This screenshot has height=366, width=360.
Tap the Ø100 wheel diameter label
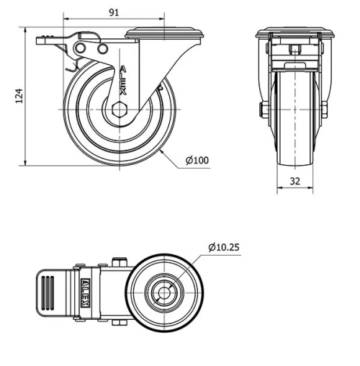[197, 161]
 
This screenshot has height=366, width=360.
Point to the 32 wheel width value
[294, 182]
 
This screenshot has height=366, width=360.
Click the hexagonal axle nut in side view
[119, 110]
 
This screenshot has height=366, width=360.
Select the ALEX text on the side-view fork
[123, 81]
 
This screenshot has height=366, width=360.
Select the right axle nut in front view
[325, 110]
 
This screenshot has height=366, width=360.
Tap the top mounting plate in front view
[294, 33]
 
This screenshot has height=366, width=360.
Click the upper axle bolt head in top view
[120, 263]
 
